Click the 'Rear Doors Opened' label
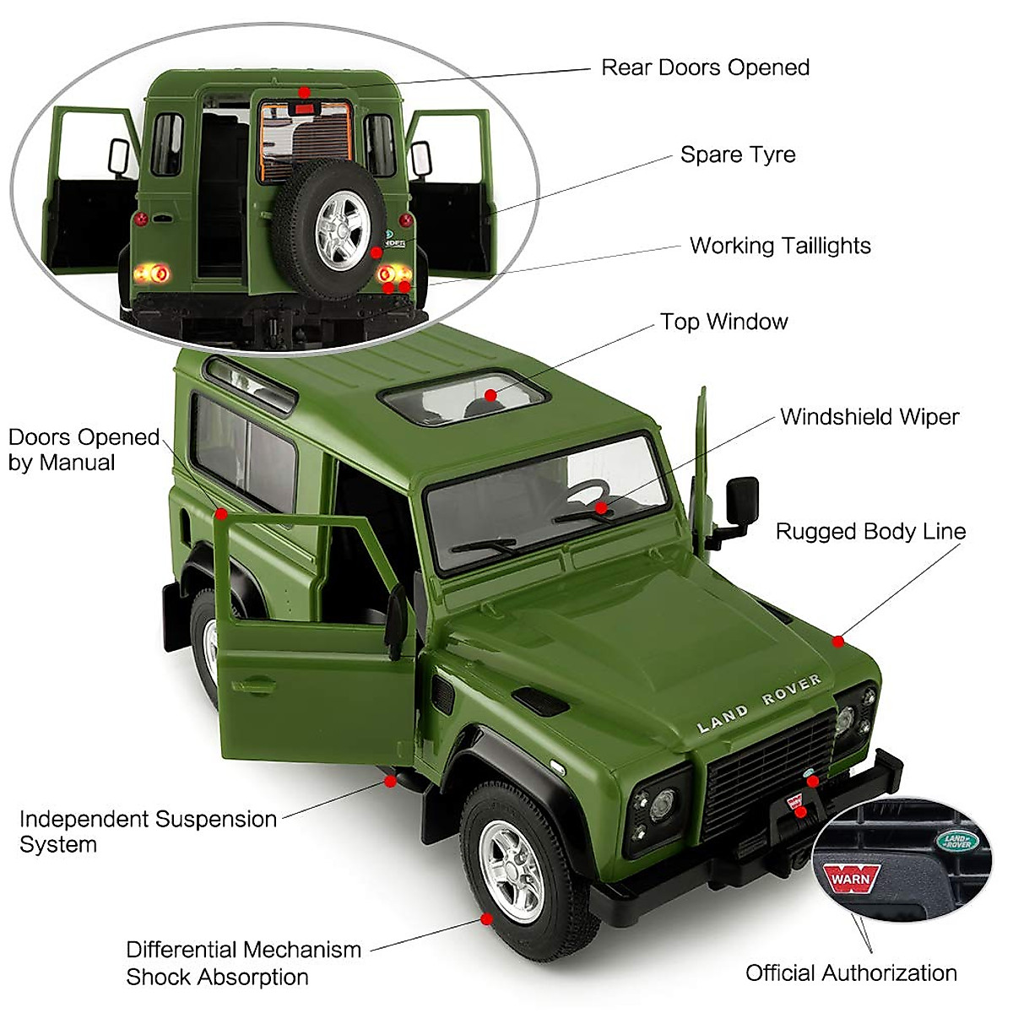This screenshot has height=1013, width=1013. click(705, 68)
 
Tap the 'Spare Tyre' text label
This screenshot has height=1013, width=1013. click(738, 155)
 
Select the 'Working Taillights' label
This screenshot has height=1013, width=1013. click(780, 246)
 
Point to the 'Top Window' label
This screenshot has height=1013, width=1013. click(723, 322)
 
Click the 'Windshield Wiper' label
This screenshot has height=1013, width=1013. click(869, 417)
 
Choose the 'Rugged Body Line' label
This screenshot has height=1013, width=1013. click(870, 532)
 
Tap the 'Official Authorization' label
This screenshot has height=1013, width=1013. click(851, 972)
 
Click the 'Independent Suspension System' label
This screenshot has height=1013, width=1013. click(148, 832)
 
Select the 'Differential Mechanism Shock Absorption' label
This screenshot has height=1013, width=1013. click(243, 963)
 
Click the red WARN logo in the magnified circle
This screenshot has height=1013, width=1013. click(852, 878)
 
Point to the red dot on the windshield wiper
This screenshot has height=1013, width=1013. click(601, 508)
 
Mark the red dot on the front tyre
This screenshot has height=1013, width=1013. click(486, 918)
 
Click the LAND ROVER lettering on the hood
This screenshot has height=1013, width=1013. click(759, 703)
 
